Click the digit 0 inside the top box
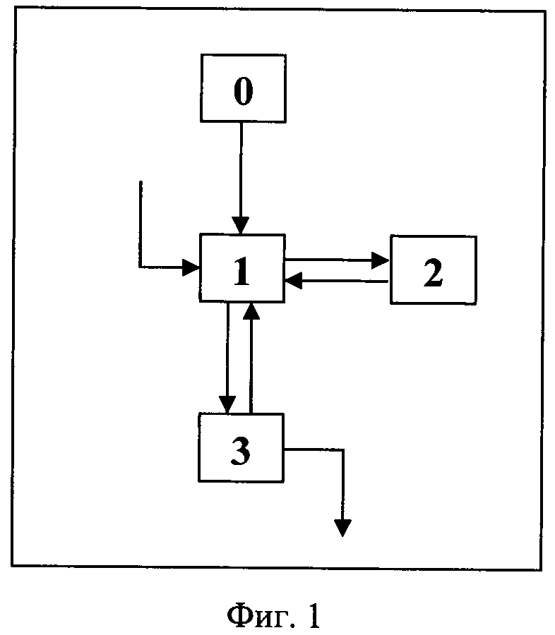243,91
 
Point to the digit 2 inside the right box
433,273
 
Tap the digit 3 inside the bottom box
241,451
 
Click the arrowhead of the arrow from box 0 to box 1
240,226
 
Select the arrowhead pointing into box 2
381,260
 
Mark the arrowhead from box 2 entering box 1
294,280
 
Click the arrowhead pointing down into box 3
227,405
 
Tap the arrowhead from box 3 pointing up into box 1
252,311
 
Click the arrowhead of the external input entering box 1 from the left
191,267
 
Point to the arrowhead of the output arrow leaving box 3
343,528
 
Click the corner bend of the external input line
141,267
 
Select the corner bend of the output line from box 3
343,449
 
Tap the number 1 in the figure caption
313,615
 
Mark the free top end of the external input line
141,181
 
